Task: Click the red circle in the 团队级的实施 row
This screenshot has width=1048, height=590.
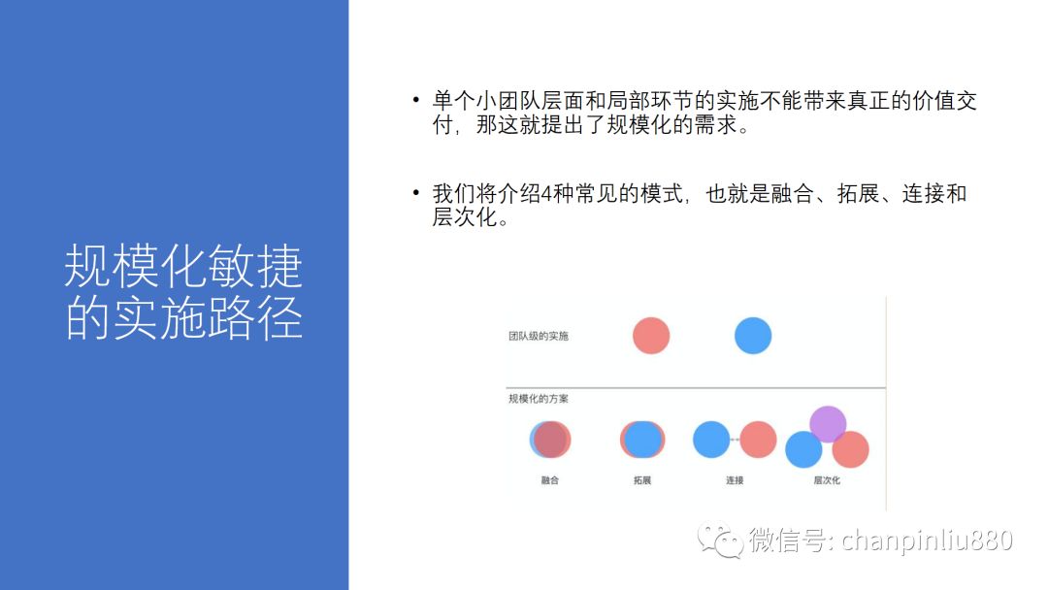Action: (x=651, y=336)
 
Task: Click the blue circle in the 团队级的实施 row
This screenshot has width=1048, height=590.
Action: (x=753, y=336)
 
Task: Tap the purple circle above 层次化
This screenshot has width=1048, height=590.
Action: (x=828, y=424)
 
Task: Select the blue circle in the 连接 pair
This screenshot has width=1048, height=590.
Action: (x=711, y=440)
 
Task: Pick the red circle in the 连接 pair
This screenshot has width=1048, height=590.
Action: (x=758, y=440)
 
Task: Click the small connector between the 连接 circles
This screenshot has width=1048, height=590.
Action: (x=735, y=440)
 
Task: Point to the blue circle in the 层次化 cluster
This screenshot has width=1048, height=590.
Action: (x=803, y=449)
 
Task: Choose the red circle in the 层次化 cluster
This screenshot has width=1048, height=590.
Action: (x=850, y=449)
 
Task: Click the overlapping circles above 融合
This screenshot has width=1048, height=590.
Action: (x=550, y=440)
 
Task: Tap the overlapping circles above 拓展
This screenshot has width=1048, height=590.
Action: (x=642, y=440)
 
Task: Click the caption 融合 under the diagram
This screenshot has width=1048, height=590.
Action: (x=550, y=480)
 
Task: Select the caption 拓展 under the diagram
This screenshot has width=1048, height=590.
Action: (x=642, y=480)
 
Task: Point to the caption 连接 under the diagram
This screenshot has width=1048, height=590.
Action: (x=735, y=480)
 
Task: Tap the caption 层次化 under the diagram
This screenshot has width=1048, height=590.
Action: (x=827, y=480)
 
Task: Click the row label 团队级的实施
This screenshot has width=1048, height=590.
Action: (x=538, y=336)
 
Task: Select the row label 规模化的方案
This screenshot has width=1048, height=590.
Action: (x=538, y=399)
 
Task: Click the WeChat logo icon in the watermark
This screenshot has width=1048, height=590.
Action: (x=720, y=540)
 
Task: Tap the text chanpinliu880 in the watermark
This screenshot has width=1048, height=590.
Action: (x=927, y=540)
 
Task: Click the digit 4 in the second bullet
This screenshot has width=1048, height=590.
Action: (x=546, y=194)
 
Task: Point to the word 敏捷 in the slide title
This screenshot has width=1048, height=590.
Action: (x=255, y=266)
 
